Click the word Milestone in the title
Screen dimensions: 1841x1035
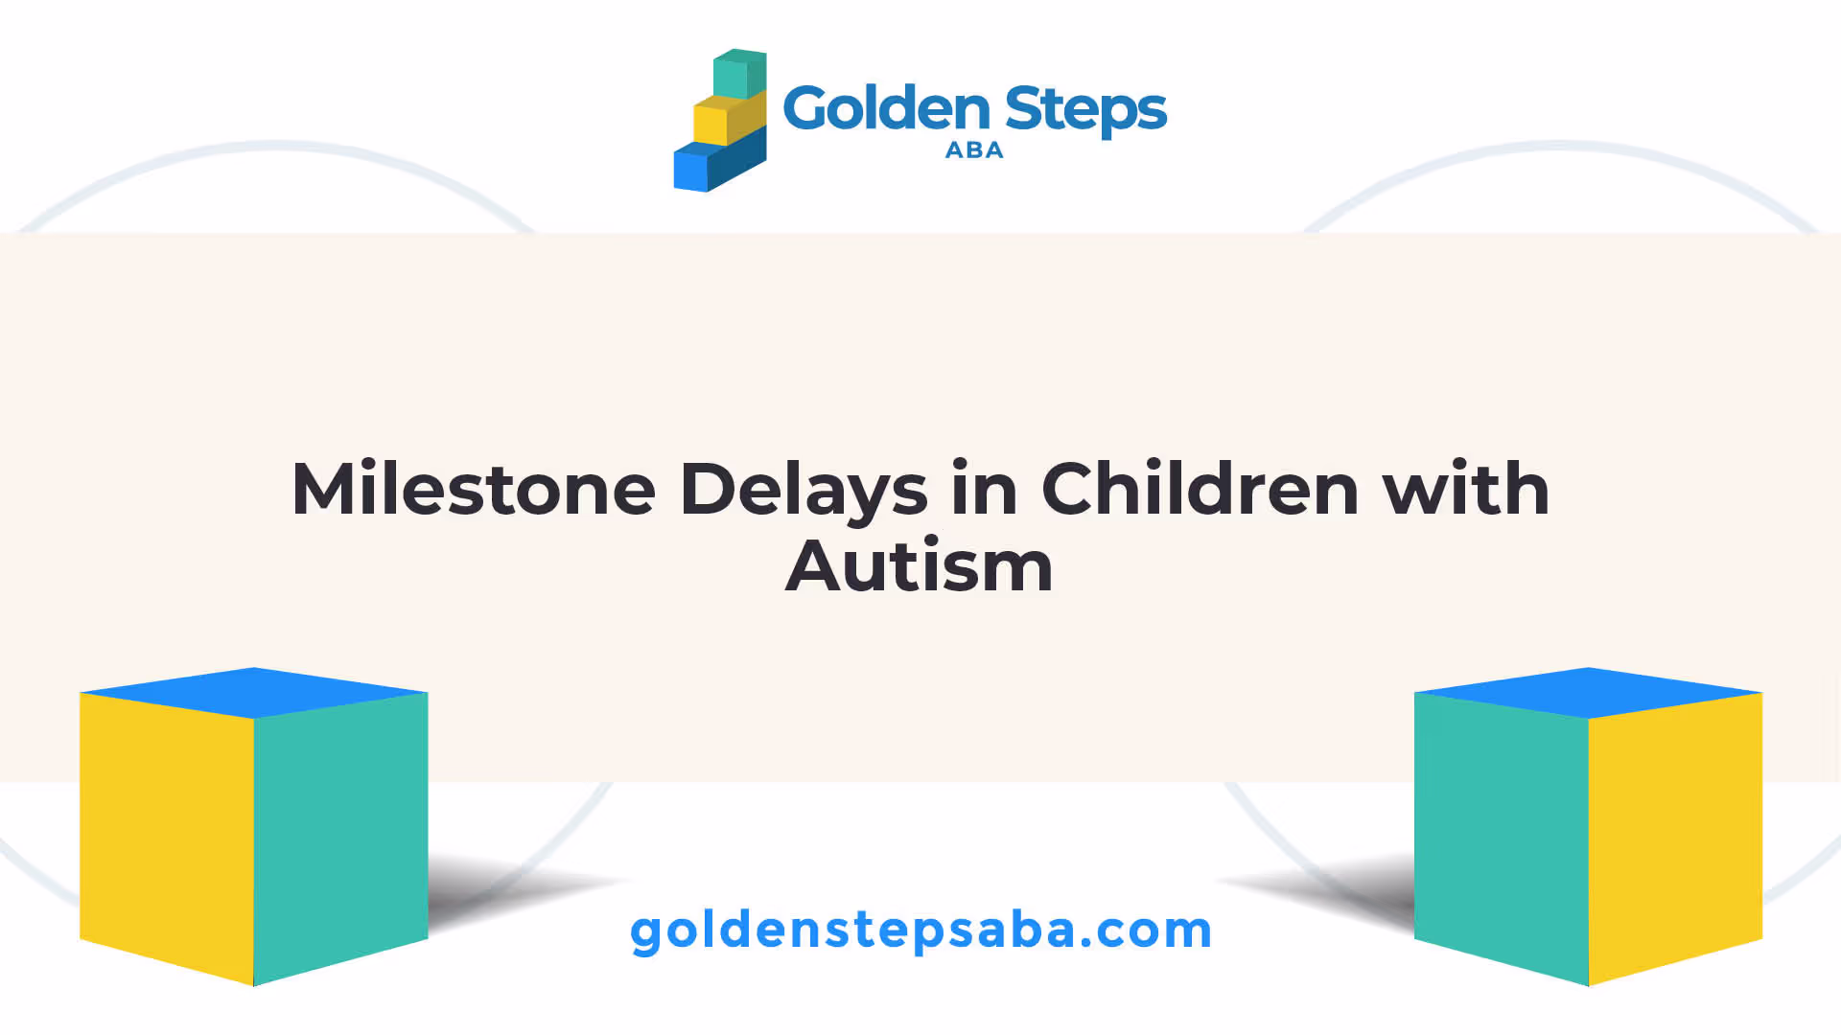[x=474, y=489]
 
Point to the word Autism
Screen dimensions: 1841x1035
[x=920, y=565]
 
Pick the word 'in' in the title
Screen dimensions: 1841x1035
[x=984, y=489]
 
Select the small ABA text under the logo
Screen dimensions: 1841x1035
[x=974, y=150]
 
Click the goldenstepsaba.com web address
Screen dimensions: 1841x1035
[x=920, y=931]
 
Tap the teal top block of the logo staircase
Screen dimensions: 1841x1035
[x=739, y=74]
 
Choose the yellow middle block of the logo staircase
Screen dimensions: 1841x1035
[x=730, y=119]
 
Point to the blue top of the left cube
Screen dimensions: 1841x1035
[x=254, y=693]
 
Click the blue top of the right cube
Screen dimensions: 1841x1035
[x=1589, y=693]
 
